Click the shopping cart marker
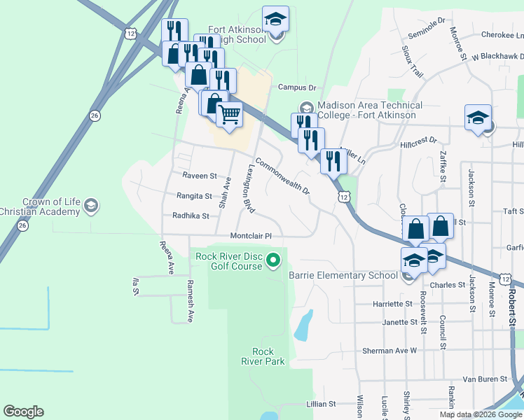[x=229, y=114]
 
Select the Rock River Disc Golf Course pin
[x=275, y=262]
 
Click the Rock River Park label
[x=263, y=356]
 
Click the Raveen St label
[x=200, y=176]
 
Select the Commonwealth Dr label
[x=282, y=176]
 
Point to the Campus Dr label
[x=297, y=87]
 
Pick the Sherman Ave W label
[x=389, y=350]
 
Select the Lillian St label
[x=322, y=405]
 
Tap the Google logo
[x=23, y=412]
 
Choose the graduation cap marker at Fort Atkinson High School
[x=275, y=20]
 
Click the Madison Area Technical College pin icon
[x=306, y=109]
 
